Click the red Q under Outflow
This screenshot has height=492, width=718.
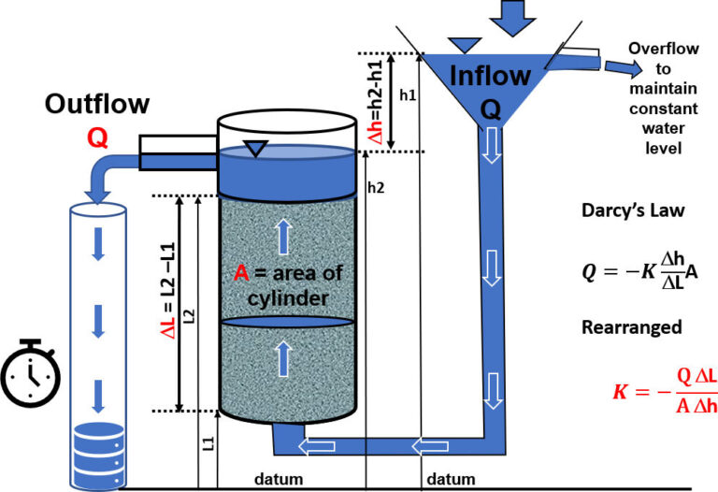pos(96,138)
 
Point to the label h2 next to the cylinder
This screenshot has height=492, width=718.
pos(376,188)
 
